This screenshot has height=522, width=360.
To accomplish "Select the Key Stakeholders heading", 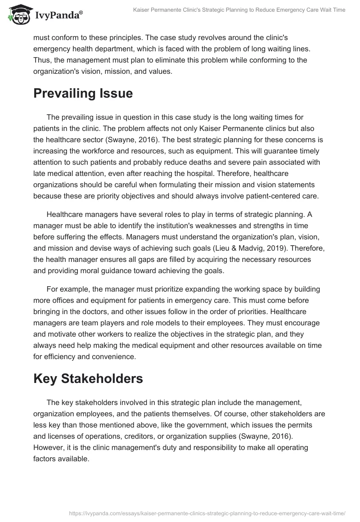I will (88, 378).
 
